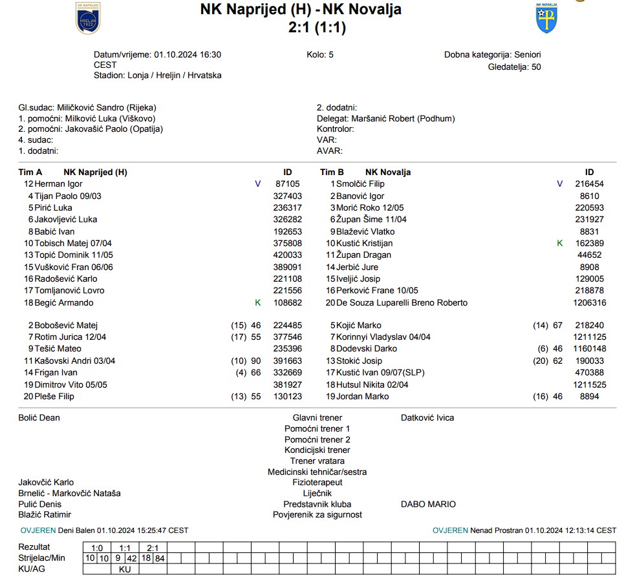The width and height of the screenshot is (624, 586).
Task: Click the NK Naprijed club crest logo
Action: point(89,18)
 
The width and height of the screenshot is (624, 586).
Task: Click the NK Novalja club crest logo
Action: point(546,19)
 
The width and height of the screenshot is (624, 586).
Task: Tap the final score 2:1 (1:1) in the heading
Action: point(317,28)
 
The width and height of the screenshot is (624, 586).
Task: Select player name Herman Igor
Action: point(59,184)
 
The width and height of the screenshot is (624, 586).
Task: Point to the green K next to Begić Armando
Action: point(258,303)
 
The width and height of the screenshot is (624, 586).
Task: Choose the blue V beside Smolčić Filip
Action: point(560,184)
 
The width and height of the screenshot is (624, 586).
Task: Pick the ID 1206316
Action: point(589,303)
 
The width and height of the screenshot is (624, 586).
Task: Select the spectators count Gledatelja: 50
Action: point(515,67)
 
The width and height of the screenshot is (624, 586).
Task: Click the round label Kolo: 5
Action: point(320,55)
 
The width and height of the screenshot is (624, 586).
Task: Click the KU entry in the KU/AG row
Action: point(125,570)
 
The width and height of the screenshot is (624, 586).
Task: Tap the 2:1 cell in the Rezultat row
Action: point(153,547)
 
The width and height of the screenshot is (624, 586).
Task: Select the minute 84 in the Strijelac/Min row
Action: point(160,558)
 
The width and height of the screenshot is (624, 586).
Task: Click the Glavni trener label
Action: point(317,418)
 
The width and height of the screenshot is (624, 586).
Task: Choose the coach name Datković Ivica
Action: point(427,418)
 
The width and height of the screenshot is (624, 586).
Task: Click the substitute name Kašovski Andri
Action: point(75,361)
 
